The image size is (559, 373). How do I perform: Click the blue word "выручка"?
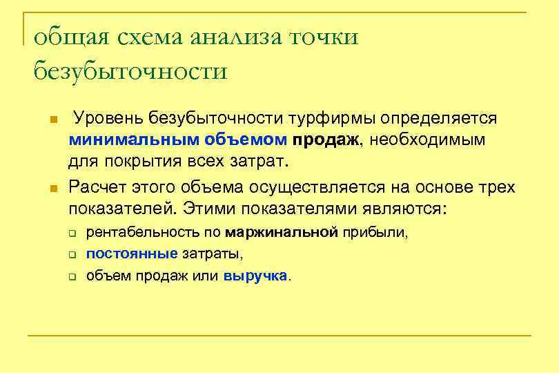tap(255, 276)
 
